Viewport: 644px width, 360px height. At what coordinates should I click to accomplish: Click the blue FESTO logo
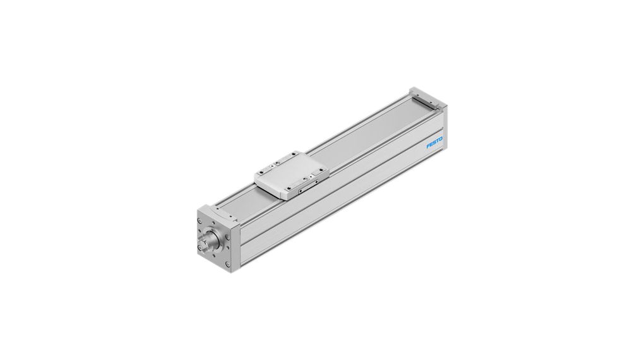435,143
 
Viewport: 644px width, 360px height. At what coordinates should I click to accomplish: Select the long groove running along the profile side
341,189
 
